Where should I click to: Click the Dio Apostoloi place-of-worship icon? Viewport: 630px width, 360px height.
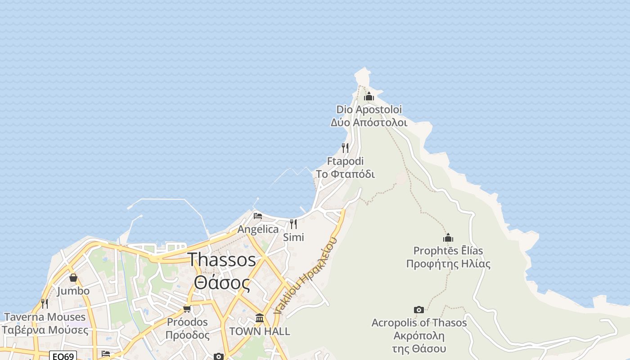click(x=369, y=96)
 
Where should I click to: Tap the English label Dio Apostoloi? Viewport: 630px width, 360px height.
click(x=369, y=109)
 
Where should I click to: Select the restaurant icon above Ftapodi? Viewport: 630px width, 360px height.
click(x=345, y=148)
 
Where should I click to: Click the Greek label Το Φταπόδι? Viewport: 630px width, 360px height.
click(x=345, y=174)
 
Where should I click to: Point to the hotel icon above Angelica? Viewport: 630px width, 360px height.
click(x=258, y=216)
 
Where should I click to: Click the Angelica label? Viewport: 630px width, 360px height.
click(x=258, y=229)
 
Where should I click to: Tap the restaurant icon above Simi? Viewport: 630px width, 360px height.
click(x=293, y=224)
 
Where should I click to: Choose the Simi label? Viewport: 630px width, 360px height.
click(x=293, y=237)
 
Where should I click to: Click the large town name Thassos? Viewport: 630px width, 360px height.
click(x=222, y=260)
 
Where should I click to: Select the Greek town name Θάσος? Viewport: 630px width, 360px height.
click(x=222, y=283)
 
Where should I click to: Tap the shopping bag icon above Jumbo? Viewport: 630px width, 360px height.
click(x=73, y=278)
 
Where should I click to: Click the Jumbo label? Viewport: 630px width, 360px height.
click(x=73, y=291)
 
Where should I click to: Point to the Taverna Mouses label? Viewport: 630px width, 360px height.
click(x=45, y=317)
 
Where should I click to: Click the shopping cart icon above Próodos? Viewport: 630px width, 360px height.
click(x=187, y=309)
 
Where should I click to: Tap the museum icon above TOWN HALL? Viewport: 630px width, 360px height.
click(x=260, y=318)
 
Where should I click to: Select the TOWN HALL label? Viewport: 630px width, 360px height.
click(x=260, y=332)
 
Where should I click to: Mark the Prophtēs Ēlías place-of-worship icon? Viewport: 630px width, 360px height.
click(x=448, y=238)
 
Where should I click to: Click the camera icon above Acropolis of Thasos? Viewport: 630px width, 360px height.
click(x=419, y=310)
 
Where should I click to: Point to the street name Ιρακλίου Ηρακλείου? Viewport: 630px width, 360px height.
click(x=306, y=276)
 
